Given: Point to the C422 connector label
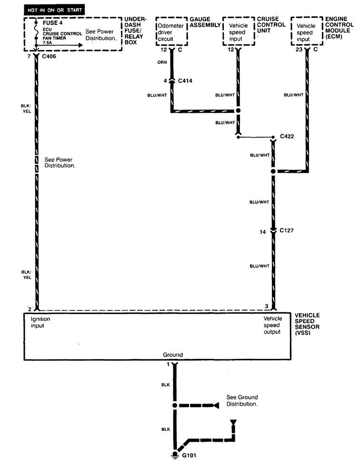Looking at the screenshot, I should [287, 136].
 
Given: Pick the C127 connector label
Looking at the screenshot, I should [287, 230].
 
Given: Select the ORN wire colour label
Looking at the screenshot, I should [162, 62].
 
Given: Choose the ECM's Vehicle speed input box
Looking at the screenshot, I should [306, 32].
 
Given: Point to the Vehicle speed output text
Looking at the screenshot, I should [272, 325].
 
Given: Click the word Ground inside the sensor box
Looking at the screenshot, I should [173, 355].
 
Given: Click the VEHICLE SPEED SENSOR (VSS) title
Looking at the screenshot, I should [308, 325].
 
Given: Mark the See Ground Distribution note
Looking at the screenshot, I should [242, 401].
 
